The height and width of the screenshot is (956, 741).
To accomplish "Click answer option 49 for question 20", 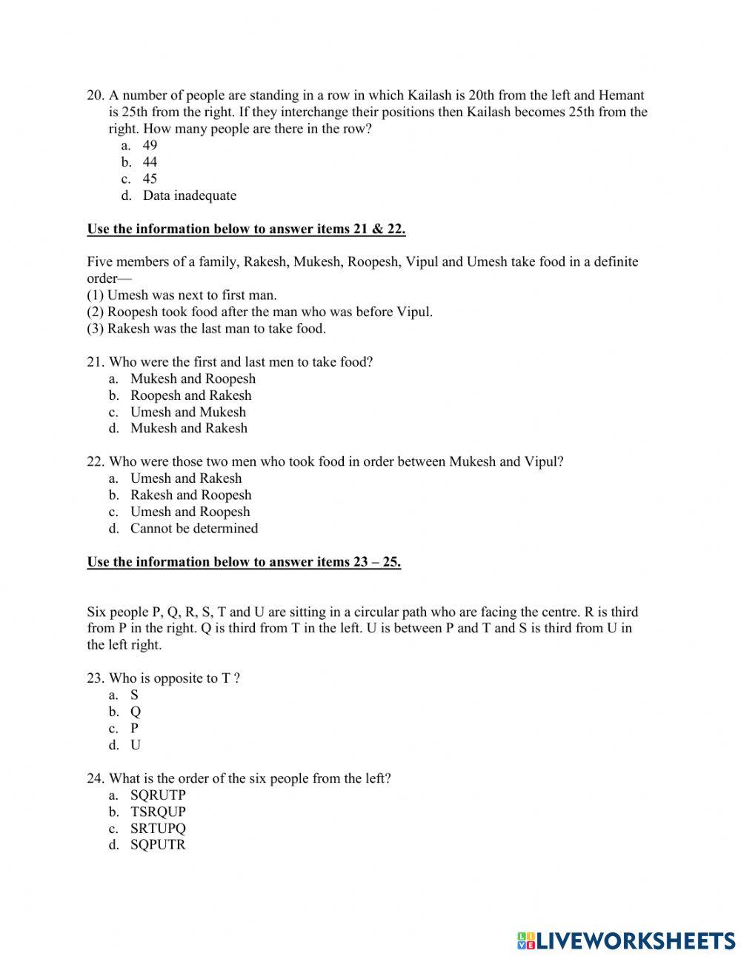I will pos(150,145).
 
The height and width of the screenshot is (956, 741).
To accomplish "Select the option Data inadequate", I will pos(189,195).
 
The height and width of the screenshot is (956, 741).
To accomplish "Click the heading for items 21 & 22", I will pos(246,229).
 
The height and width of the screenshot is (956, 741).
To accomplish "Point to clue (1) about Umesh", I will pos(182,295).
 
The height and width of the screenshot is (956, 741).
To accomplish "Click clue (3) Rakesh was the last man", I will pos(206,328).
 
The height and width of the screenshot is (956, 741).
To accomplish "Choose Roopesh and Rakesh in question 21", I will pos(190,395).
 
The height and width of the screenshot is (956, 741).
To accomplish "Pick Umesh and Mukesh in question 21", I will pos(187,412).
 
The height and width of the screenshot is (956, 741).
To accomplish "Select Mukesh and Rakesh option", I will pos(188,428).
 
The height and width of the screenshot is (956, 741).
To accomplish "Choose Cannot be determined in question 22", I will pos(194,528).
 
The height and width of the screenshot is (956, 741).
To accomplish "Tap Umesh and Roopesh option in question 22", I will pos(190,512).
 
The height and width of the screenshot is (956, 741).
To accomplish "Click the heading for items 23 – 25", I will pos(244,562).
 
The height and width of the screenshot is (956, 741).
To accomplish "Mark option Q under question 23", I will pos(136,712).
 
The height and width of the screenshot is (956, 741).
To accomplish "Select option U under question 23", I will pos(136,745).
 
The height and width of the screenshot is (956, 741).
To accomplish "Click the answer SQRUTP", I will pos(158,795).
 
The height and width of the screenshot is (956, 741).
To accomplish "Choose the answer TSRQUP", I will pos(158,812).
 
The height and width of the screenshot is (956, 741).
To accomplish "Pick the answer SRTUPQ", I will pos(158,828).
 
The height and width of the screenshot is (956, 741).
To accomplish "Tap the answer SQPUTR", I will pos(158,845).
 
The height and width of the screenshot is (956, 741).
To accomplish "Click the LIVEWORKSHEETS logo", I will pos(626,940).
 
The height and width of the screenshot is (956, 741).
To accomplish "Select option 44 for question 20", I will pos(150,162).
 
